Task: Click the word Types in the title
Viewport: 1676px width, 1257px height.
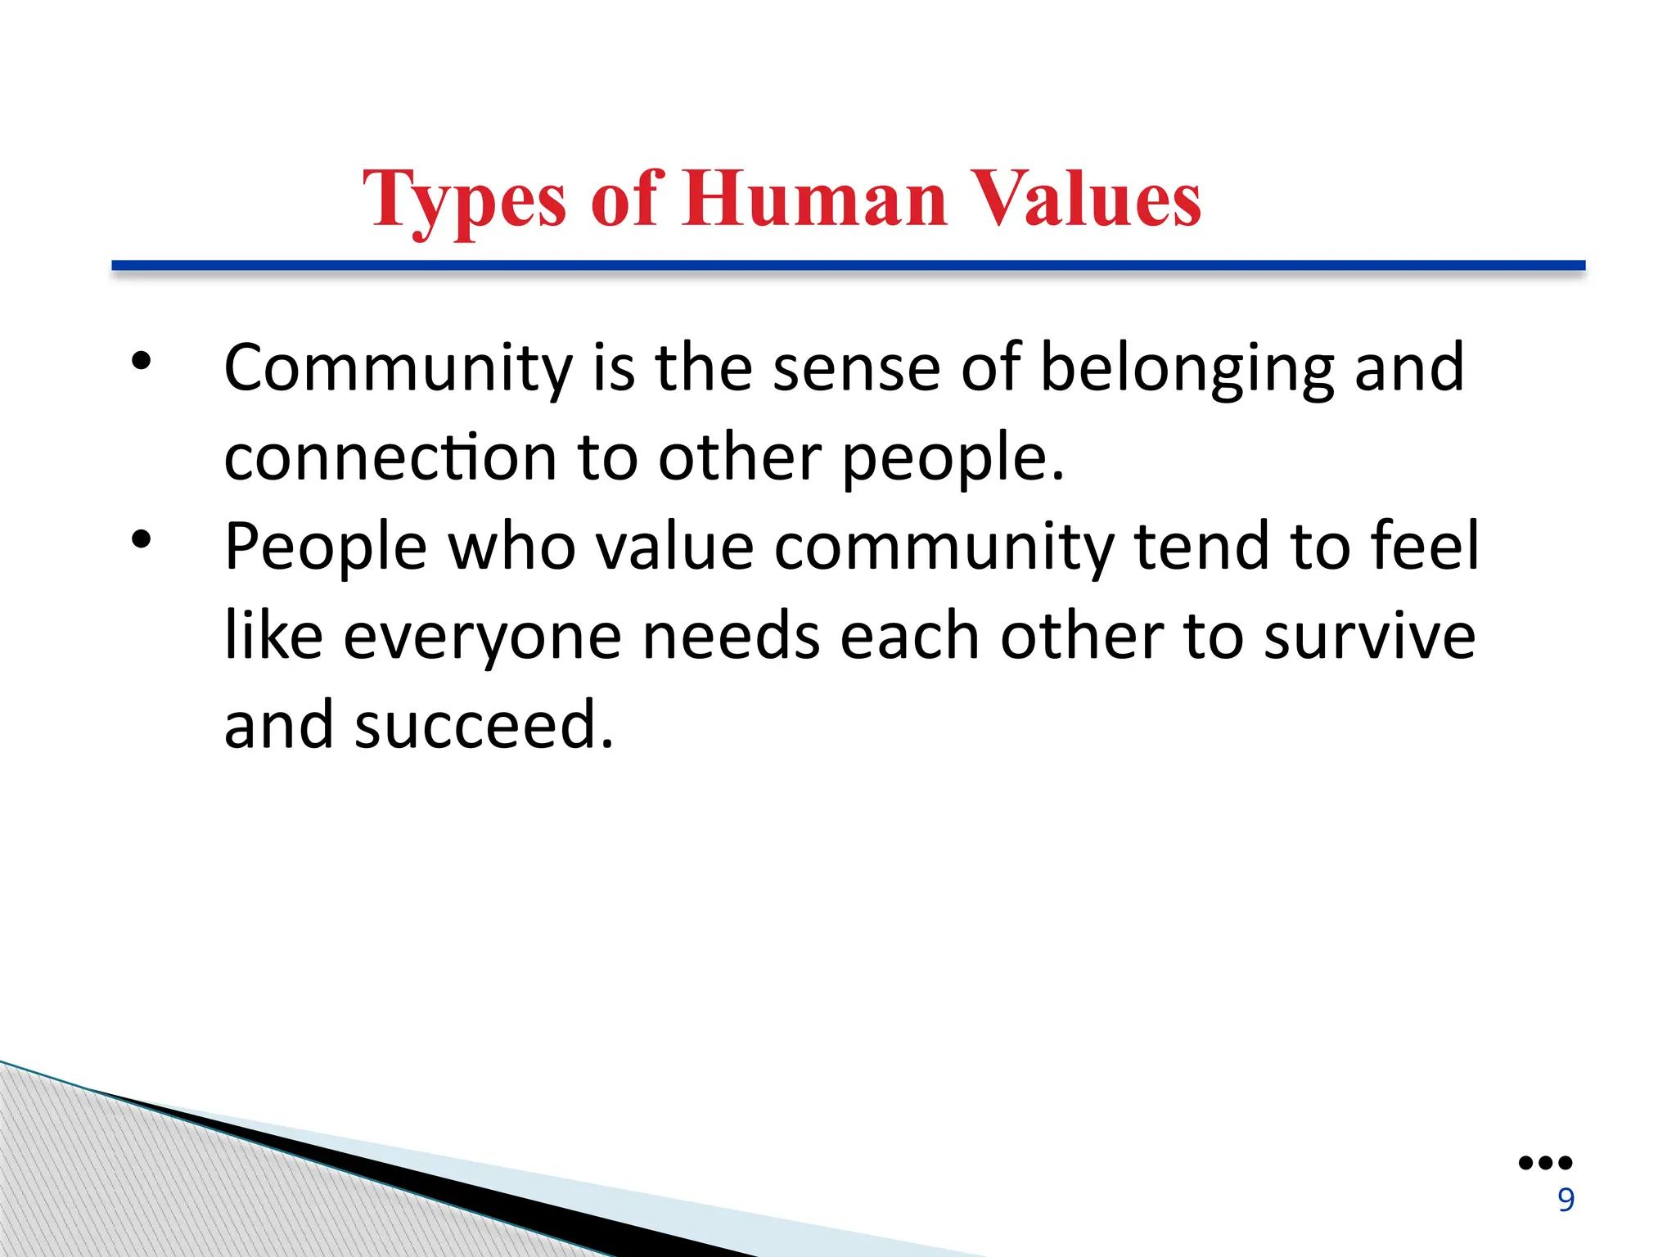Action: (464, 199)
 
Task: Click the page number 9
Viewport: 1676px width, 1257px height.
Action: (1566, 1200)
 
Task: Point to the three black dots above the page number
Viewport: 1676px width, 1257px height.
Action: (1545, 1163)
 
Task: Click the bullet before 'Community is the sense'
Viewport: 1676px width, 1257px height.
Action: (142, 361)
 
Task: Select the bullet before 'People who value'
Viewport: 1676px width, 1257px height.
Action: (142, 539)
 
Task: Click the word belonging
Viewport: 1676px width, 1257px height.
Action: (1187, 369)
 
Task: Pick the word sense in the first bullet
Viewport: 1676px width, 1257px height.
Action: (856, 369)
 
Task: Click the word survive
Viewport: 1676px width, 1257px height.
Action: (1370, 637)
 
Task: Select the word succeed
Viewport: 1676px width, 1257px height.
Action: (483, 726)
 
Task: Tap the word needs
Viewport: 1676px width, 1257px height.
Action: (731, 637)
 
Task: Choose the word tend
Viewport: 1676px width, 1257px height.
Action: (1202, 546)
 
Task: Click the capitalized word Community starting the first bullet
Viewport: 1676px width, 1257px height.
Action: (398, 369)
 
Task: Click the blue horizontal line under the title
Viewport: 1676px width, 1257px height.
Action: (849, 265)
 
